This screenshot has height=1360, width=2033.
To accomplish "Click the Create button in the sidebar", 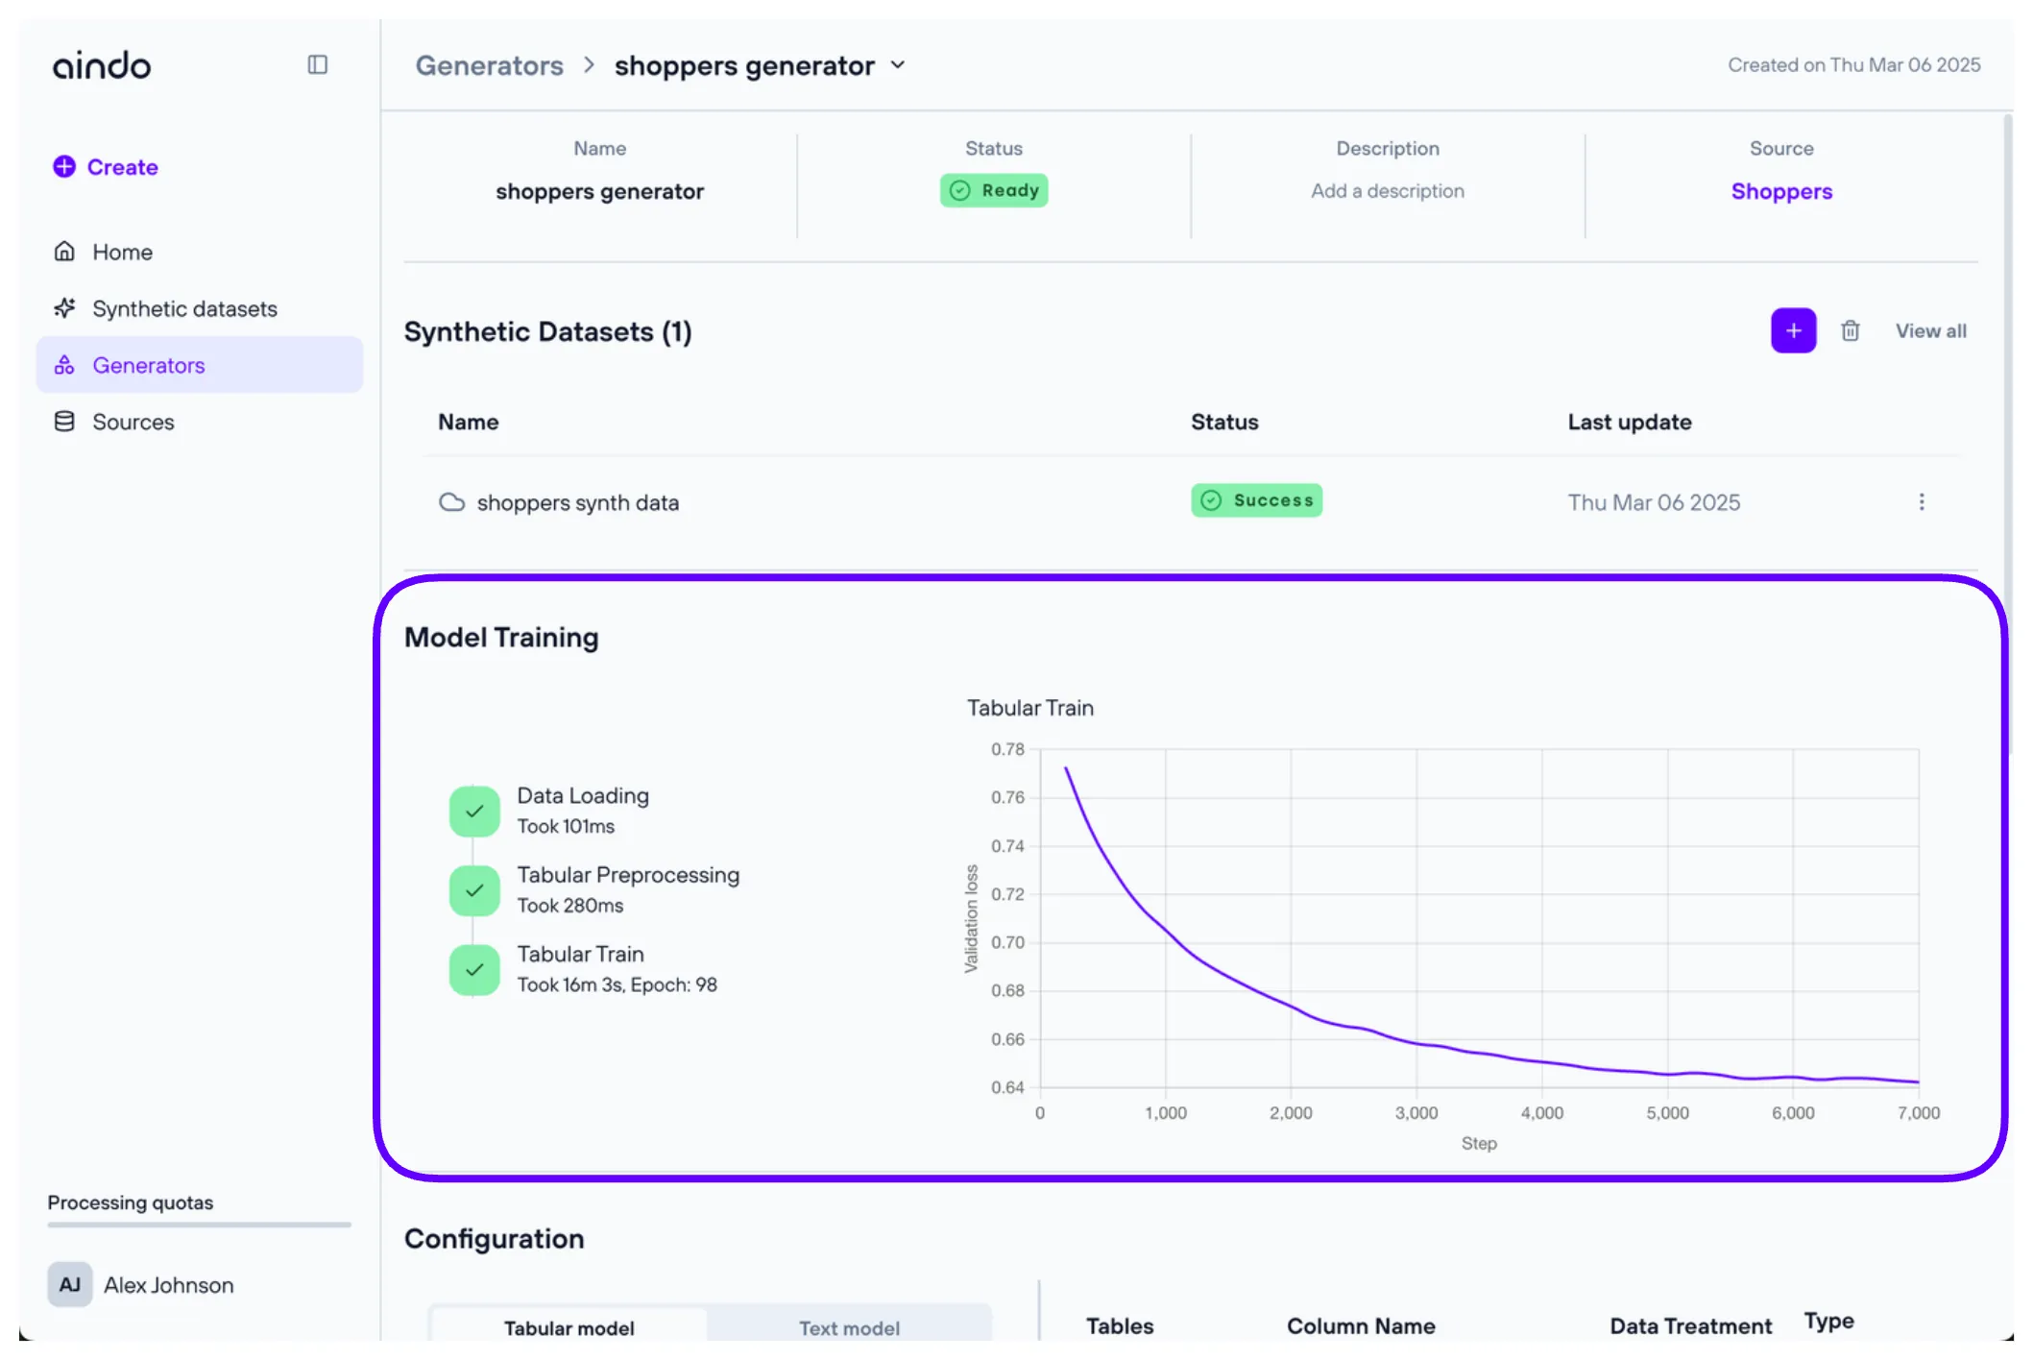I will pyautogui.click(x=106, y=167).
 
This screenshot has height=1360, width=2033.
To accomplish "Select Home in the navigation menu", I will pyautogui.click(x=122, y=252).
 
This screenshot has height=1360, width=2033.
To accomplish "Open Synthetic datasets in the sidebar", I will pyautogui.click(x=183, y=308).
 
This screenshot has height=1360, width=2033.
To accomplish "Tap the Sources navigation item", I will pyautogui.click(x=133, y=422).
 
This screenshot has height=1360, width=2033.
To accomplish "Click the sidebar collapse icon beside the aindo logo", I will pyautogui.click(x=317, y=64).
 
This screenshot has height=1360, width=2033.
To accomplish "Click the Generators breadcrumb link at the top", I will pyautogui.click(x=489, y=65).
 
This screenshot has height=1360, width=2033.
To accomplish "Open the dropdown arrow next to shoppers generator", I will pyautogui.click(x=898, y=65).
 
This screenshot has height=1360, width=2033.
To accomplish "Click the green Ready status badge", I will pyautogui.click(x=993, y=190).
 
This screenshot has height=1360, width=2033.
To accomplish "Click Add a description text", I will pyautogui.click(x=1387, y=191).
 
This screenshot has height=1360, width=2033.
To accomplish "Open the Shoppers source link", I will pyautogui.click(x=1780, y=191).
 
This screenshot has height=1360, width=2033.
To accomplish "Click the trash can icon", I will pyautogui.click(x=1850, y=331).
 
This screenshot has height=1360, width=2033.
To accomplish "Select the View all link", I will pyautogui.click(x=1930, y=331).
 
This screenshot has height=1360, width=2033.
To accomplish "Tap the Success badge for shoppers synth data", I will pyautogui.click(x=1256, y=500).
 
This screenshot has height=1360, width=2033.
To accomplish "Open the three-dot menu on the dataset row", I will pyautogui.click(x=1921, y=502).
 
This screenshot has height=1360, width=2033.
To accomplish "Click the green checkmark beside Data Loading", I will pyautogui.click(x=474, y=812).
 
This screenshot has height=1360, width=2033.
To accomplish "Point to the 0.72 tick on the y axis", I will pyautogui.click(x=1007, y=894).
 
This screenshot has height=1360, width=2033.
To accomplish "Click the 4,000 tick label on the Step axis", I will pyautogui.click(x=1541, y=1113).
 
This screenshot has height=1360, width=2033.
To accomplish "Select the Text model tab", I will pyautogui.click(x=849, y=1327).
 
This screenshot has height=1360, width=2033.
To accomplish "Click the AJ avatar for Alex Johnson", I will pyautogui.click(x=70, y=1284).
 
